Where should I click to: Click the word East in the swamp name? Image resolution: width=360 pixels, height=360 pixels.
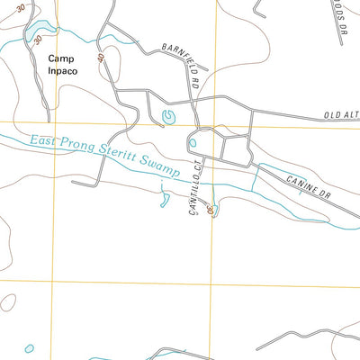(x=44, y=140)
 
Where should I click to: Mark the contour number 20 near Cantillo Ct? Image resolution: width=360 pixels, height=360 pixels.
(x=209, y=209)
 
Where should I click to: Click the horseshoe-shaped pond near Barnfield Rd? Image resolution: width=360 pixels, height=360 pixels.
(x=167, y=115)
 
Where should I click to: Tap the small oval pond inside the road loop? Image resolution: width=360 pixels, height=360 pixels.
(x=192, y=141)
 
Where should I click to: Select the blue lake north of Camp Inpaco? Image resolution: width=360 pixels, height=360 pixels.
(x=37, y=34)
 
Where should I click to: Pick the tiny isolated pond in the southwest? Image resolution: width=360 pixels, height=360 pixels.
(x=30, y=347)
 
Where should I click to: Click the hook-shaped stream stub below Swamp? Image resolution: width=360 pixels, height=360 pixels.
(x=165, y=198)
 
